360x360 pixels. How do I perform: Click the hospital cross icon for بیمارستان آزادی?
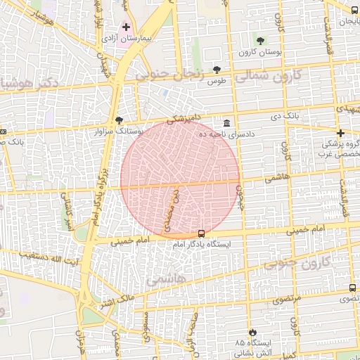coord(126,27)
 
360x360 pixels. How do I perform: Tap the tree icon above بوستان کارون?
coord(260,40)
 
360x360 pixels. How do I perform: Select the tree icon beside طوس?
coord(217,70)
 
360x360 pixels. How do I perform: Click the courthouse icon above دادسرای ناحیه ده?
coord(226,122)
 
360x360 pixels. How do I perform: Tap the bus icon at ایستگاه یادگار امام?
coord(202,233)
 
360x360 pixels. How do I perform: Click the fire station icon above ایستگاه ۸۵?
coord(253,332)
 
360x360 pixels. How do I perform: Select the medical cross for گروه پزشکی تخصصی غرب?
coord(340,133)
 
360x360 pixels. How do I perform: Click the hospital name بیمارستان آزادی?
coord(131,37)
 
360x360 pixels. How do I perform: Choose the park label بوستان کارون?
coord(259,52)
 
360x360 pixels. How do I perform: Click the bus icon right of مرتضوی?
coord(352,288)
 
